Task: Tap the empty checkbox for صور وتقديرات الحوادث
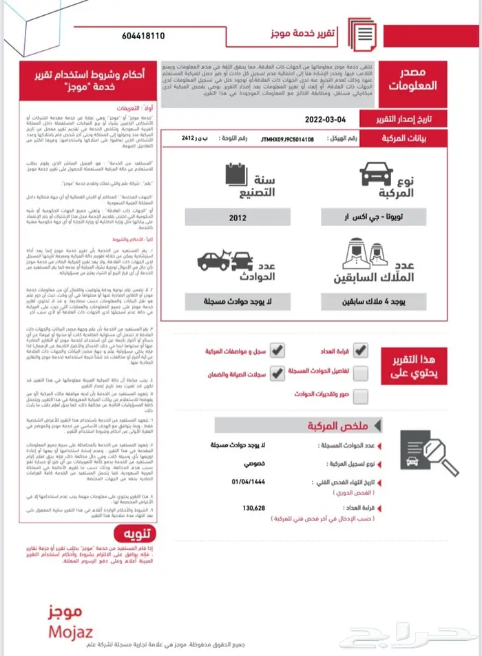360,396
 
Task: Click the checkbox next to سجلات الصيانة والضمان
277,373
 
